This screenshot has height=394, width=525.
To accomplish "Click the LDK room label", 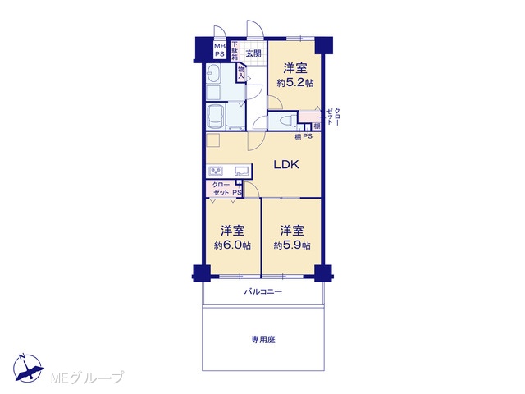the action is point(286,164).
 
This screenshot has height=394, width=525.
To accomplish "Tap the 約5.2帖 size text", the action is point(295,83).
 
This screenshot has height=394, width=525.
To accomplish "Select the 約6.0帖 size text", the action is point(232,245).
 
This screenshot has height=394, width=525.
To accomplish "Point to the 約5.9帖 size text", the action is point(292,245).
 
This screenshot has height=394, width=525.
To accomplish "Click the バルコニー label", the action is point(262,292).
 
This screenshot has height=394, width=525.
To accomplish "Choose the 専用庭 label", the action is point(263,340).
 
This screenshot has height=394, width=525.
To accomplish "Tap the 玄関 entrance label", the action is point(253,53).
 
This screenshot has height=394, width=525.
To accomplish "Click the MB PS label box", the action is point(220,50).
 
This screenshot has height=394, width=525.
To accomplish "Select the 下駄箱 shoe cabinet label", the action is point(235,51).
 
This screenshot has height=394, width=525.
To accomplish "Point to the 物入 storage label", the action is point(241,72).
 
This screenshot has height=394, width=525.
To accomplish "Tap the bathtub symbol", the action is point(216,116).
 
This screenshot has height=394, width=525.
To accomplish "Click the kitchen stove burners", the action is point(216,172).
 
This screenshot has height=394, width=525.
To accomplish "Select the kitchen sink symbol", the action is point(243,171).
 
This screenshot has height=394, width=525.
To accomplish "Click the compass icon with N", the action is point(28,368).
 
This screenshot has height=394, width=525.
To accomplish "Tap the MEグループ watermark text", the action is point(87,378).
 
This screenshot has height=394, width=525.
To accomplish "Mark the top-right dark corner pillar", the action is point(324,45).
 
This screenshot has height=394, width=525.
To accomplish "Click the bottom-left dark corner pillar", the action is point(202,273).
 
